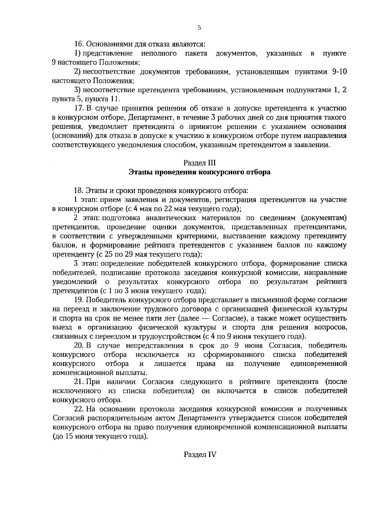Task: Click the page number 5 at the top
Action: point(199,28)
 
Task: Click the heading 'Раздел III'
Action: point(199,163)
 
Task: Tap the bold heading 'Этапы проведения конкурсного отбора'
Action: point(199,172)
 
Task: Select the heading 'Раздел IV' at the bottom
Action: point(200,455)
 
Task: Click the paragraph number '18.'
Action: point(79,191)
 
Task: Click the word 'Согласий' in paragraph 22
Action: point(65,418)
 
